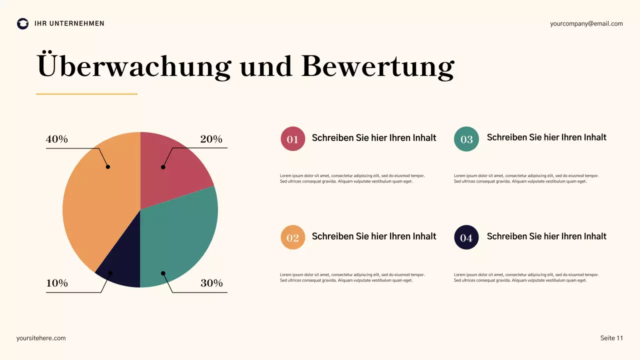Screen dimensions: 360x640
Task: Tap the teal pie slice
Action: [185, 235]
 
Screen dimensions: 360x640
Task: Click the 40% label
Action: [56, 139]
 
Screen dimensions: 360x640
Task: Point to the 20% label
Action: [211, 139]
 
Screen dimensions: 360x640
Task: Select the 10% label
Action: [56, 283]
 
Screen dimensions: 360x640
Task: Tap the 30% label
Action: [211, 283]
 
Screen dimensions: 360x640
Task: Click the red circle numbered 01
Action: [292, 139]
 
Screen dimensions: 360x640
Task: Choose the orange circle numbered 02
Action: [292, 237]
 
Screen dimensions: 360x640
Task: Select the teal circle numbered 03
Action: [466, 139]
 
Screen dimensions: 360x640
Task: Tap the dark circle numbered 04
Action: [466, 237]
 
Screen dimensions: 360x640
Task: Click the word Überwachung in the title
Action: [134, 66]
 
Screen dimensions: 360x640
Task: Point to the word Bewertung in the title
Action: [377, 66]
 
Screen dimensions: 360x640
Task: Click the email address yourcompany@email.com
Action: [586, 23]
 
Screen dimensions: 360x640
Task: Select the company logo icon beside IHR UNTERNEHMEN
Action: [22, 23]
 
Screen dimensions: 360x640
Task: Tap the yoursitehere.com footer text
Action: [41, 338]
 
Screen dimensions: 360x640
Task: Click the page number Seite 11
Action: [611, 338]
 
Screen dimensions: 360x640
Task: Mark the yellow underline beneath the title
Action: [86, 94]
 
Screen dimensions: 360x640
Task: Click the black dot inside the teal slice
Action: [163, 273]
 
